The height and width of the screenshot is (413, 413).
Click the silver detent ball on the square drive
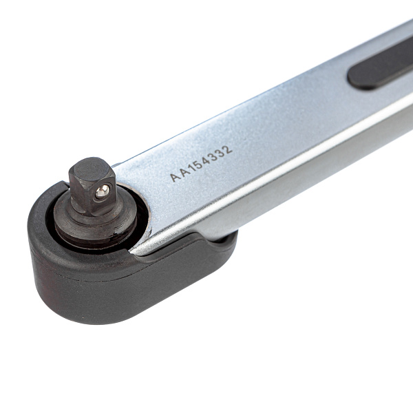(102, 191)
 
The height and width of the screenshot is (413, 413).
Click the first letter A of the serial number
(174, 177)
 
